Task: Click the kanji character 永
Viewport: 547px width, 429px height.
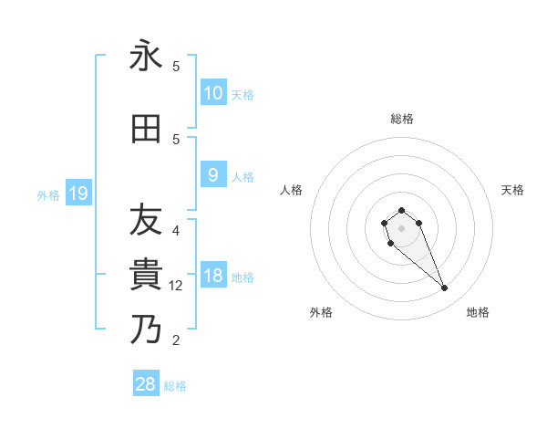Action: tap(146, 56)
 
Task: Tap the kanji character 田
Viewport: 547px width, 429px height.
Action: tap(146, 129)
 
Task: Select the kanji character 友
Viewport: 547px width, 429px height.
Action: tap(146, 220)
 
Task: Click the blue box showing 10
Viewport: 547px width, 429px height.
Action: tap(212, 92)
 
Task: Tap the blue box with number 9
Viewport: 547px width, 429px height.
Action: tap(212, 175)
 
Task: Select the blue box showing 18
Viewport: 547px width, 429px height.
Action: tap(212, 276)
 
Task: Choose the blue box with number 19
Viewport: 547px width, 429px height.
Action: tap(77, 193)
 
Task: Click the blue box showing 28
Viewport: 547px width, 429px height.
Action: tap(146, 384)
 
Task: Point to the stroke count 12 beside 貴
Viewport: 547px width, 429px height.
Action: tap(176, 287)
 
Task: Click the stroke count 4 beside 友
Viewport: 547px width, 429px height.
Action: tap(176, 231)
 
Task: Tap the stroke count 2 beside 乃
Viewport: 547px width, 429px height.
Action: tap(176, 341)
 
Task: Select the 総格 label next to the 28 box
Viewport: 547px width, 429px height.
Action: tap(175, 386)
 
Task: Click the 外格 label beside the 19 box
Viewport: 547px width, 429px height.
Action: tap(48, 194)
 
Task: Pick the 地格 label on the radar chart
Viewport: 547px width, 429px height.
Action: tap(478, 312)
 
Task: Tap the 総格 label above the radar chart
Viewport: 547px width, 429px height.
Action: tap(401, 119)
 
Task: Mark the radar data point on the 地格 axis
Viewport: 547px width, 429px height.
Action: tap(445, 288)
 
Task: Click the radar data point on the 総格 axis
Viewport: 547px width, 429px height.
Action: tap(401, 211)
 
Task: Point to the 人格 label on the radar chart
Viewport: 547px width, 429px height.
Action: tap(291, 190)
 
